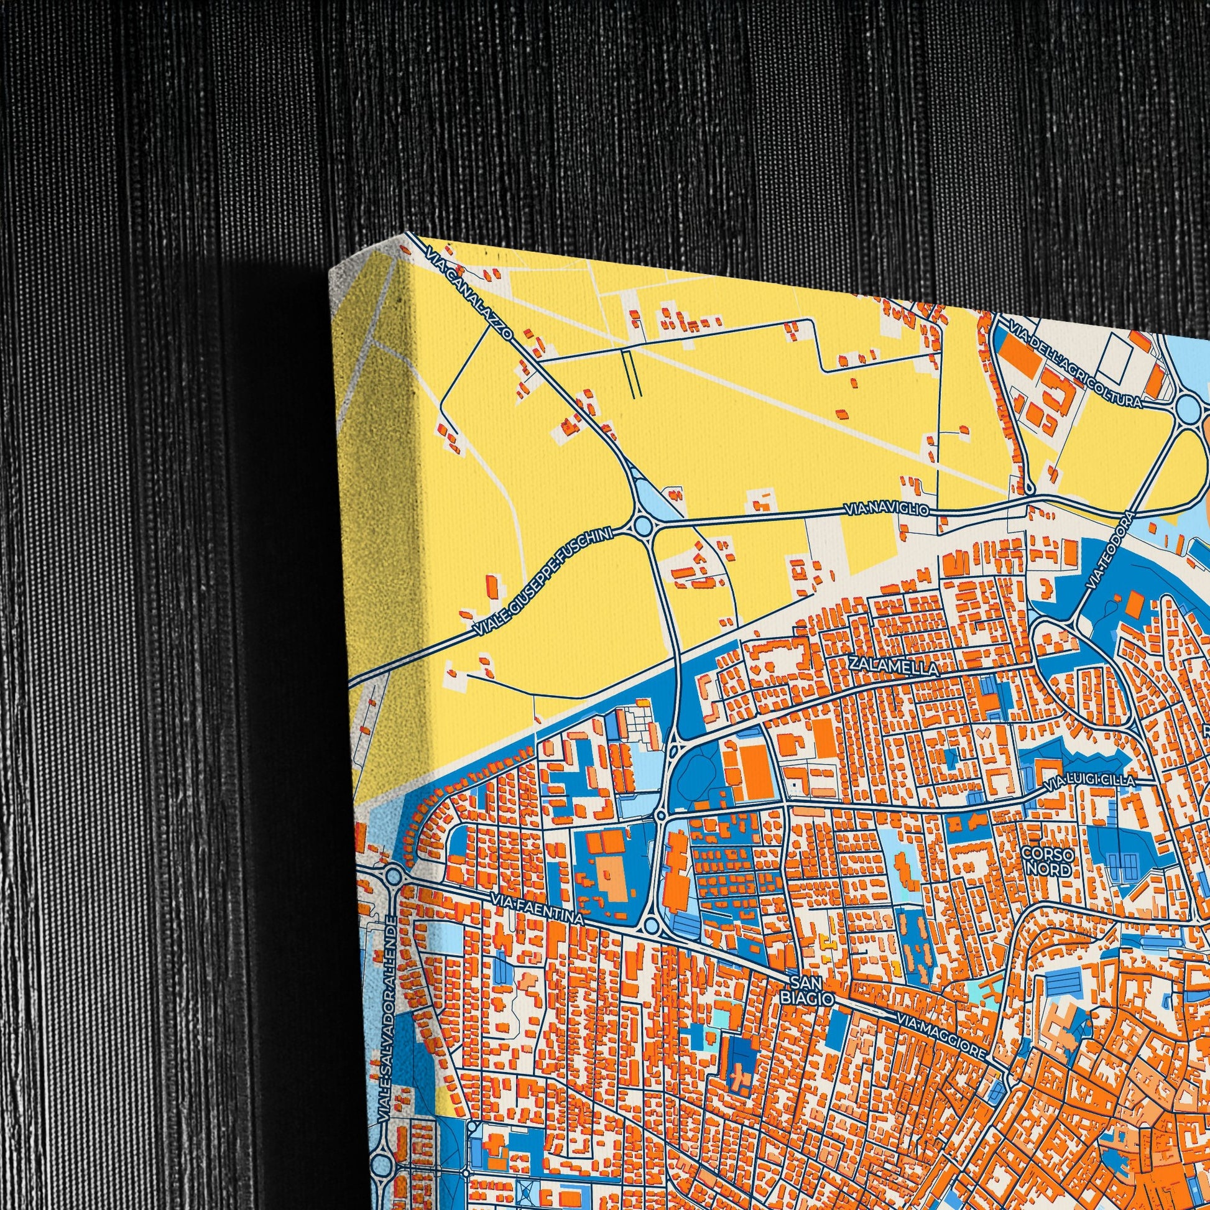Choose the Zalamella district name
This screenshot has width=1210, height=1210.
(893, 666)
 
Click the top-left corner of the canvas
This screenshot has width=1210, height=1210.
(331, 270)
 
